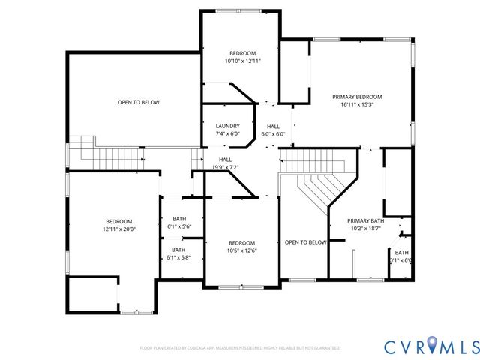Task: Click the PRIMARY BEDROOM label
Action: pyautogui.click(x=357, y=97)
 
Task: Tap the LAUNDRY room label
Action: pyautogui.click(x=227, y=126)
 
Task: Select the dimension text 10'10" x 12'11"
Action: pyautogui.click(x=242, y=61)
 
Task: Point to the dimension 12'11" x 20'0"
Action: pyautogui.click(x=118, y=229)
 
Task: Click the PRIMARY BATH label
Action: pyautogui.click(x=365, y=220)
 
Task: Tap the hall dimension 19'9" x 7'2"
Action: pyautogui.click(x=225, y=167)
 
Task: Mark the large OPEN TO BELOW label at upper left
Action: pyautogui.click(x=138, y=102)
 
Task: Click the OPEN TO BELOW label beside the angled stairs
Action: pyautogui.click(x=305, y=242)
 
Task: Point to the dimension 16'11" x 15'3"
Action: pyautogui.click(x=357, y=105)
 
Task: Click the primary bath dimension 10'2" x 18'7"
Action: pyautogui.click(x=365, y=228)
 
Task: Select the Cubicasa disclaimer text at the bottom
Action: pyautogui.click(x=240, y=348)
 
